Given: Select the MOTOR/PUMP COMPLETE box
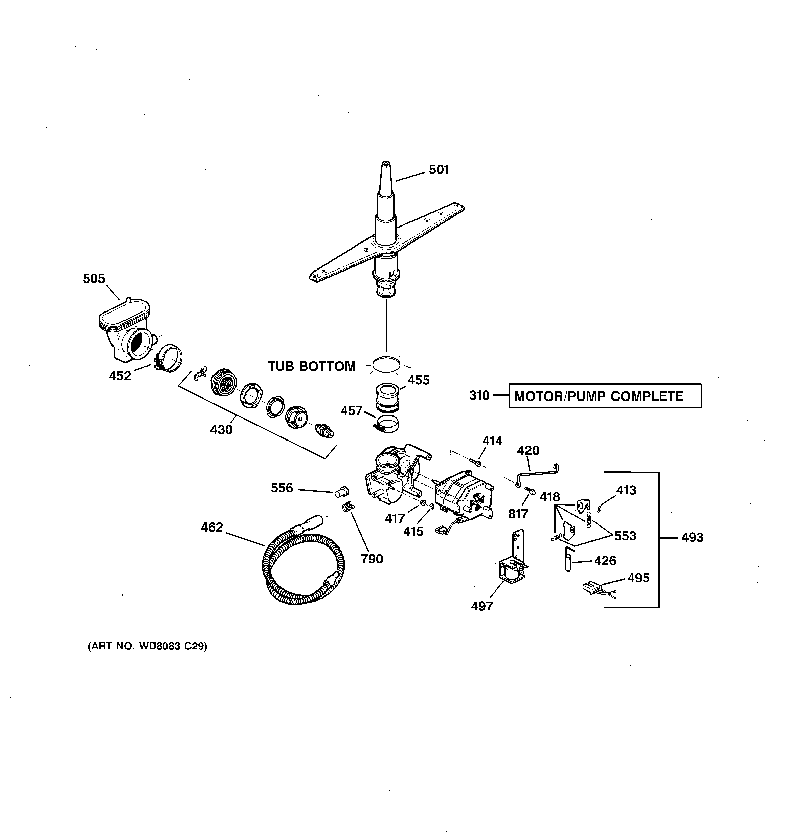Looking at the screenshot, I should coord(605,396).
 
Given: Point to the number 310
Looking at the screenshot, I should coord(479,395).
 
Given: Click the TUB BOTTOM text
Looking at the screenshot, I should coord(311,366).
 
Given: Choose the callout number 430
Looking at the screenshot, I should coord(221,430).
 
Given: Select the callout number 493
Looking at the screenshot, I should coord(692,537).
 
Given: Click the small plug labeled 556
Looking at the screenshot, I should coord(341,491).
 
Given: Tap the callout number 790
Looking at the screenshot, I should coord(372,559).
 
